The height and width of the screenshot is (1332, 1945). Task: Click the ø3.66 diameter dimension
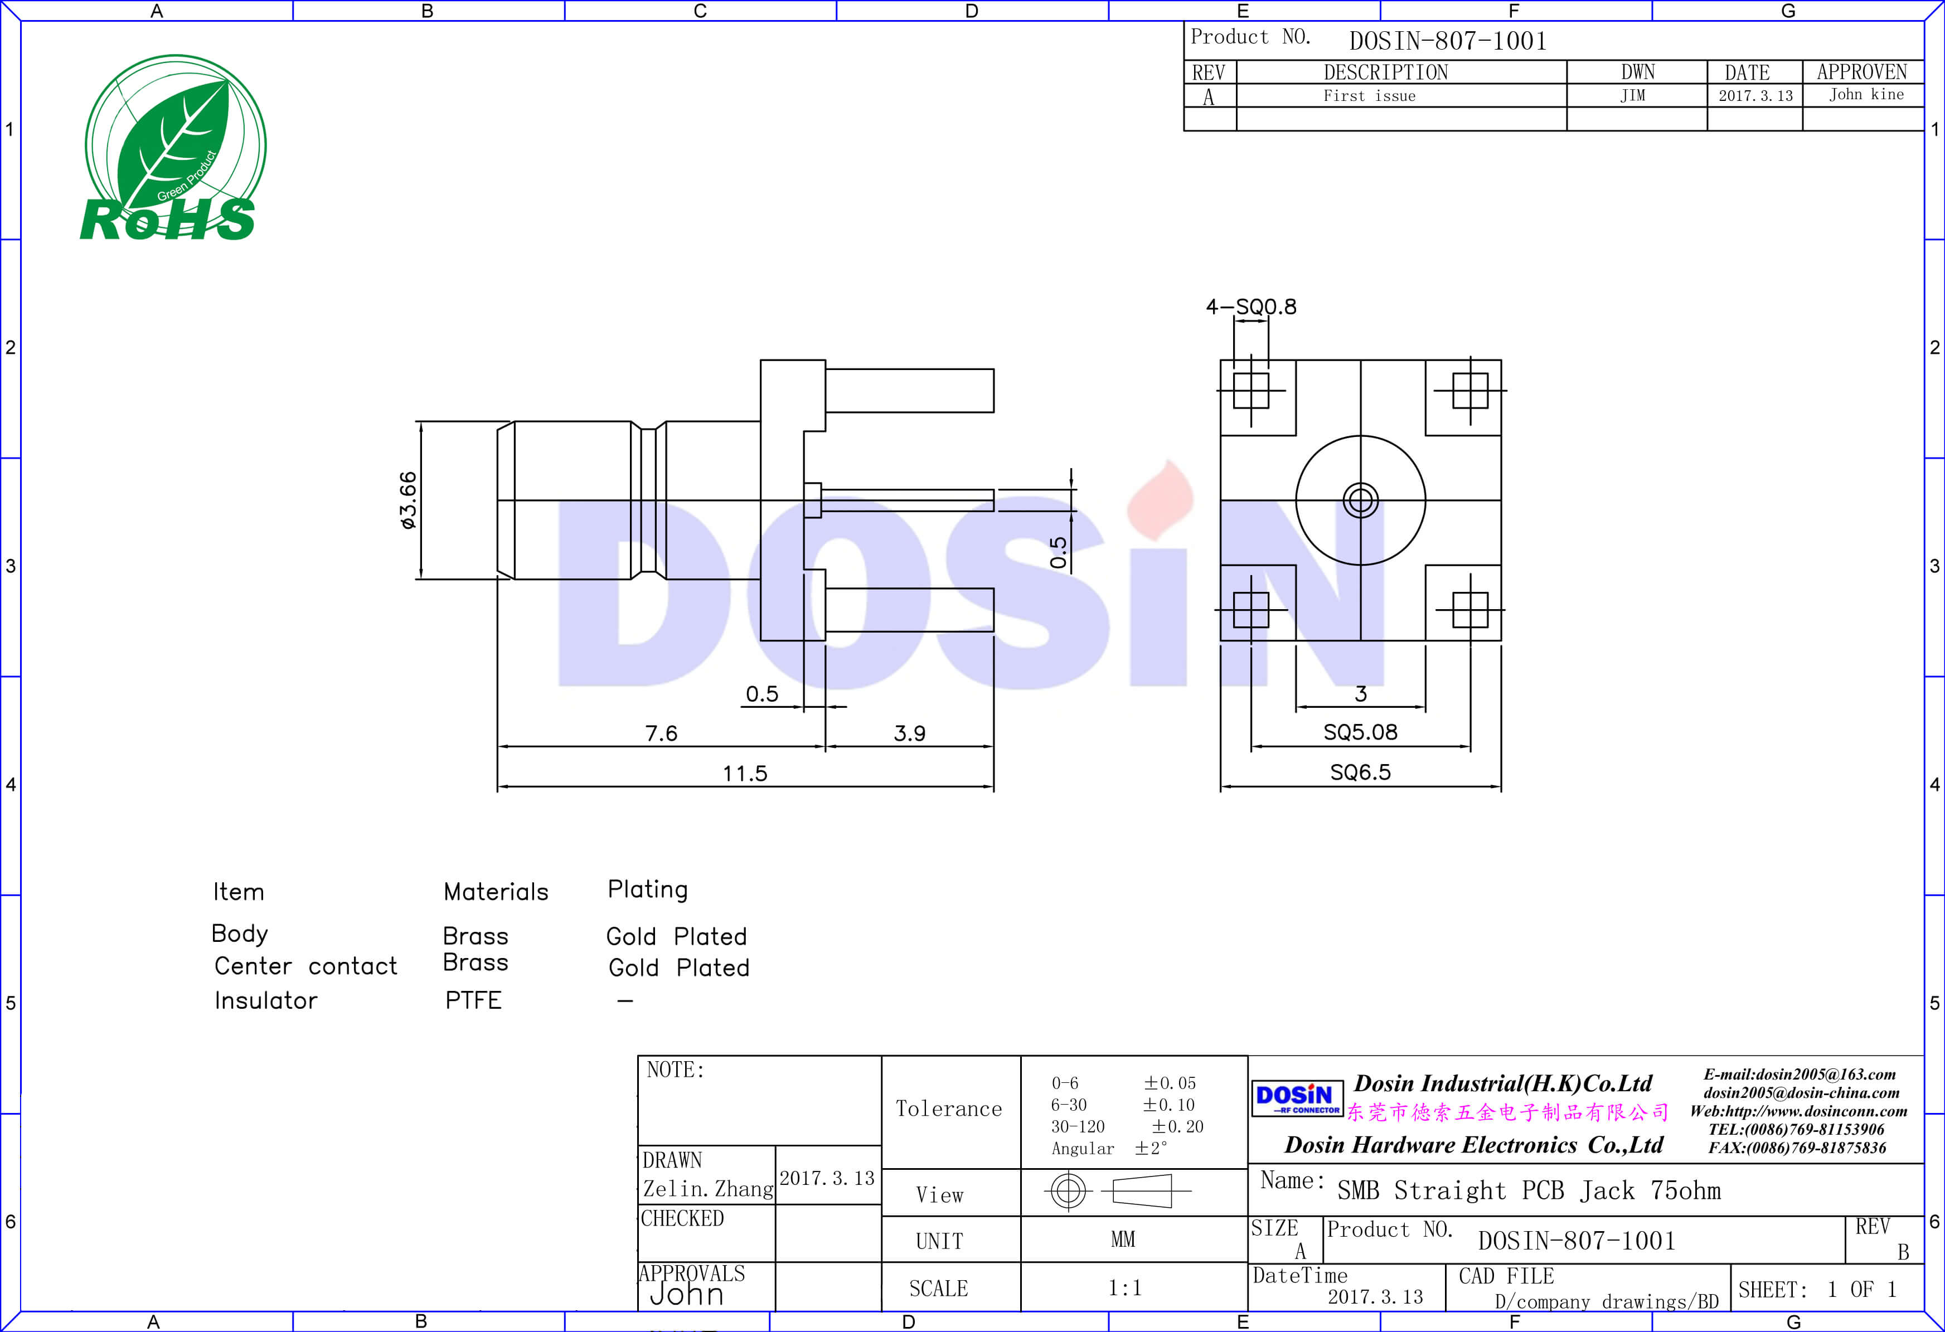click(x=408, y=500)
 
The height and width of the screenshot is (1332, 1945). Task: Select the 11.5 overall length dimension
click(x=745, y=773)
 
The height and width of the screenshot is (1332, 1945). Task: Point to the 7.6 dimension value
click(x=661, y=733)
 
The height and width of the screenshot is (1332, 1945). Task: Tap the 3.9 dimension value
click(x=910, y=733)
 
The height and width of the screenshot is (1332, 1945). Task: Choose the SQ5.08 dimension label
click(x=1360, y=732)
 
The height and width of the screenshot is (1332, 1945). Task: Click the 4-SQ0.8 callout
click(x=1250, y=307)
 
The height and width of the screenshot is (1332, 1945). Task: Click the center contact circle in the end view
click(x=1360, y=500)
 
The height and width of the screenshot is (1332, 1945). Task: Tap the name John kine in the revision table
click(x=1865, y=95)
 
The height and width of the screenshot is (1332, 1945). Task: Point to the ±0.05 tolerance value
click(x=1170, y=1083)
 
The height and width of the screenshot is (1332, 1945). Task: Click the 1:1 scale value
click(x=1125, y=1287)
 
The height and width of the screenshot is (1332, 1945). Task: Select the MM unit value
click(x=1123, y=1239)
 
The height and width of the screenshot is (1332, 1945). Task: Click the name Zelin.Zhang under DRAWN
click(x=707, y=1189)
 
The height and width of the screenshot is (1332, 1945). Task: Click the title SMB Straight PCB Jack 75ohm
click(x=1528, y=1190)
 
